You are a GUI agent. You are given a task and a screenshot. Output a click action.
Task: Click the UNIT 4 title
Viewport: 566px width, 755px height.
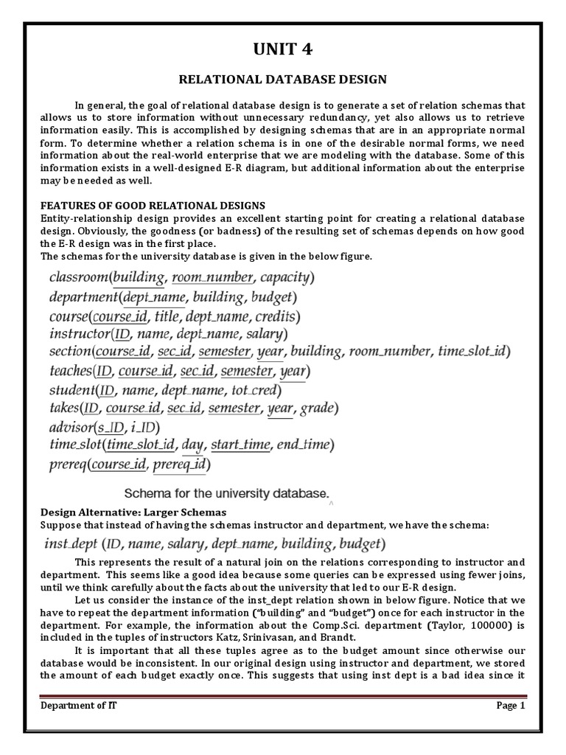pos(284,49)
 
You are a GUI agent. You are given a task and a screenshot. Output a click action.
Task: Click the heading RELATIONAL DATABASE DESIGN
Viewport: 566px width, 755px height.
pos(284,79)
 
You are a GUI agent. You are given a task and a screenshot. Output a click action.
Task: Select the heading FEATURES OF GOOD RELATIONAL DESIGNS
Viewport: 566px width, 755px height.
pos(153,205)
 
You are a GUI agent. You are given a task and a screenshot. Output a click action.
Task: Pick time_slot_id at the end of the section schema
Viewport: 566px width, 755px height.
pos(470,352)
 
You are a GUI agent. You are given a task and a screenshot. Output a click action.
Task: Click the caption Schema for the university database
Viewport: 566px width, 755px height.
pos(227,492)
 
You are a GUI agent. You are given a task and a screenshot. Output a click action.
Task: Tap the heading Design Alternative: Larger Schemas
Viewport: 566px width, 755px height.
pos(134,512)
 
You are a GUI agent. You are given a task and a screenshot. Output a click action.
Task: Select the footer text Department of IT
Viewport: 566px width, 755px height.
pos(78,706)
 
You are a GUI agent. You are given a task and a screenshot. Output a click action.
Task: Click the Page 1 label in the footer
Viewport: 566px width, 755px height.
pos(510,706)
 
